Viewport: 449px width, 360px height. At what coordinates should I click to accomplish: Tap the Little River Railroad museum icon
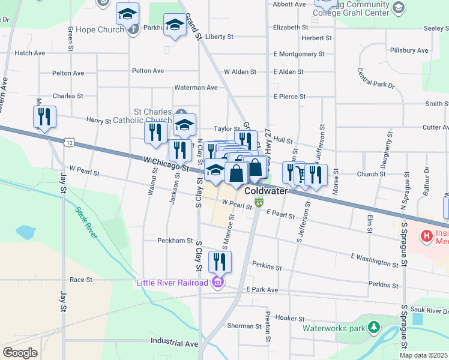[218, 283]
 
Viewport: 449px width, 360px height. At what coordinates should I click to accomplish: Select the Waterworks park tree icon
[375, 328]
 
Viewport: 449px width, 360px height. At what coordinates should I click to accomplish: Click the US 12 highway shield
[70, 142]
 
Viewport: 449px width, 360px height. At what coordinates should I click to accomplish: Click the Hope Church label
[107, 28]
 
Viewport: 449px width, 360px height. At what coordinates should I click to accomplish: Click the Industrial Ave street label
[174, 344]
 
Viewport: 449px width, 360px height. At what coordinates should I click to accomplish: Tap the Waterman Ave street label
[196, 88]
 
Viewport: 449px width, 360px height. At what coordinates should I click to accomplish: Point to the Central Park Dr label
[375, 78]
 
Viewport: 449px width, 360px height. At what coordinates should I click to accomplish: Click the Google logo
[19, 353]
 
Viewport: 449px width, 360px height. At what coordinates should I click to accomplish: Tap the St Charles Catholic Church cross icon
[182, 112]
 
